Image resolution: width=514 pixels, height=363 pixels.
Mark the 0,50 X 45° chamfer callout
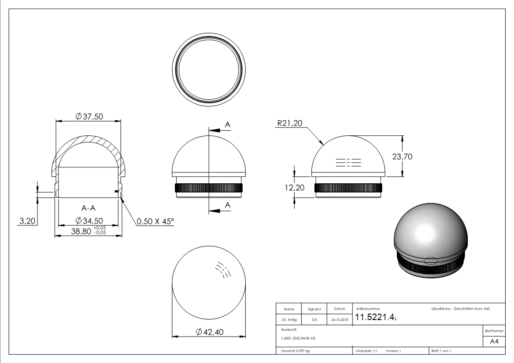pyautogui.click(x=156, y=221)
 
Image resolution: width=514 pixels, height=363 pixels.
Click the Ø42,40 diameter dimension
pyautogui.click(x=209, y=332)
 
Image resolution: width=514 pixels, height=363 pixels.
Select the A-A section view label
pyautogui.click(x=88, y=208)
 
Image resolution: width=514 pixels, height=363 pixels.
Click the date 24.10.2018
pyautogui.click(x=339, y=320)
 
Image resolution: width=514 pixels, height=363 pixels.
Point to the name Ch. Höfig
pyautogui.click(x=289, y=320)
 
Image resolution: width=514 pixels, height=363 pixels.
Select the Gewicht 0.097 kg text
pyautogui.click(x=296, y=351)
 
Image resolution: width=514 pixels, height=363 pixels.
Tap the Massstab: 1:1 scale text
pyautogui.click(x=368, y=351)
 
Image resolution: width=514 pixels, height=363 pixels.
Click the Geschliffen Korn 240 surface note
pyautogui.click(x=471, y=309)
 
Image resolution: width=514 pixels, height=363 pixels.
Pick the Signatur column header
pyautogui.click(x=314, y=309)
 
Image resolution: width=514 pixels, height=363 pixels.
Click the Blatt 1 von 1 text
pyautogui.click(x=441, y=351)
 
